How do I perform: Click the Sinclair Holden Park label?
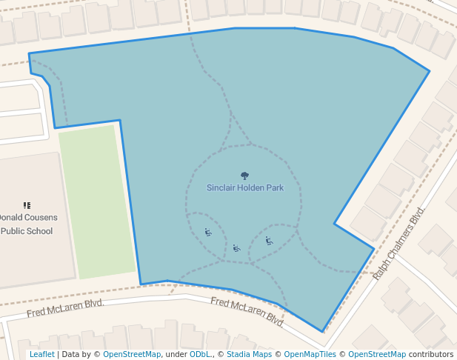tap(244, 188)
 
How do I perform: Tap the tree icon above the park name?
tap(244, 176)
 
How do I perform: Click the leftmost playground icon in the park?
tap(208, 233)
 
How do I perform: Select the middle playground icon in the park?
tap(236, 248)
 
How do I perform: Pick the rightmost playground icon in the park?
tap(269, 241)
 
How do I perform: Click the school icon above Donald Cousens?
tap(27, 205)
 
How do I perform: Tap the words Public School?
tap(27, 231)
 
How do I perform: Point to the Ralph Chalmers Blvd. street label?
tap(401, 244)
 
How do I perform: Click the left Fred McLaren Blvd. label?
tap(64, 308)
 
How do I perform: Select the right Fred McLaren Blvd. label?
tap(247, 312)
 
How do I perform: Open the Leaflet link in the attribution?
tap(41, 354)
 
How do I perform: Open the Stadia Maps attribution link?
tap(249, 354)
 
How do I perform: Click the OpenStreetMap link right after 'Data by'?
tap(132, 354)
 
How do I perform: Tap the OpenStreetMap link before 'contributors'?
tap(377, 354)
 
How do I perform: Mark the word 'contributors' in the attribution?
tap(431, 354)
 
